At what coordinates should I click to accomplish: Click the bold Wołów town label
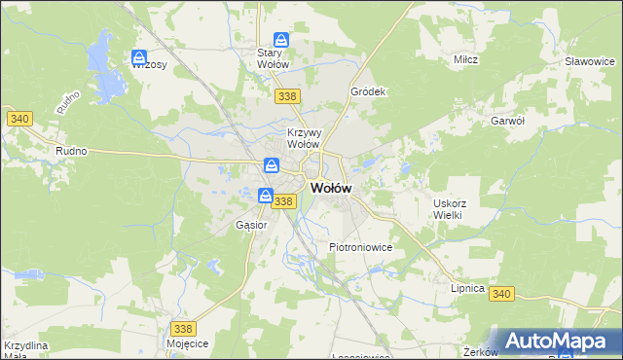click(331, 189)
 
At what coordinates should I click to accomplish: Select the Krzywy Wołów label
click(304, 138)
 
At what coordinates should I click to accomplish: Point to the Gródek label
click(369, 92)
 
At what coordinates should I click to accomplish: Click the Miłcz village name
click(464, 59)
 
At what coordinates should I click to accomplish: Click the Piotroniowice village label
click(360, 247)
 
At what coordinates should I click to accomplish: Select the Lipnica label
click(468, 289)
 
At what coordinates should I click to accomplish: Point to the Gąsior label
click(251, 225)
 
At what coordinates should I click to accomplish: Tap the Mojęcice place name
click(188, 344)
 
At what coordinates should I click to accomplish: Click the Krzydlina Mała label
click(26, 350)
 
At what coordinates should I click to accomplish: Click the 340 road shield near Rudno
click(18, 119)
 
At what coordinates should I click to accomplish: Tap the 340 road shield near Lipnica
click(502, 293)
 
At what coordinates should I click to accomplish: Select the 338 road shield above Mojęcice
click(182, 329)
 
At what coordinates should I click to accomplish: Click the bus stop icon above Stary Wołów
click(281, 40)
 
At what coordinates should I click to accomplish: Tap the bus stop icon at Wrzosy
click(139, 57)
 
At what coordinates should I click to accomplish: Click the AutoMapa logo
click(551, 340)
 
